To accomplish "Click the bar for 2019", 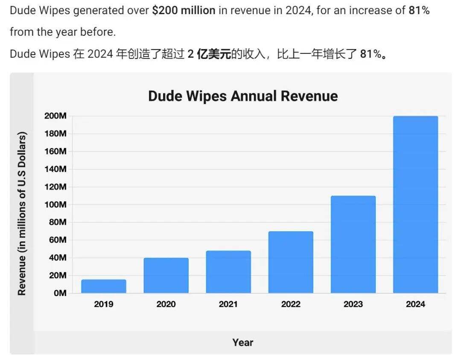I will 104,286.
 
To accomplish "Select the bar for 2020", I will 166,276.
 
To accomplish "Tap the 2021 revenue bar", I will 228,272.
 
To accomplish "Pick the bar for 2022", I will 291,262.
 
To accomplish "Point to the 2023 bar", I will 353,244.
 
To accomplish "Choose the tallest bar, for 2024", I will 415,205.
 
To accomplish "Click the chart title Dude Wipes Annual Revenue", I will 243,96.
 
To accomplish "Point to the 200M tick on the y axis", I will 55,116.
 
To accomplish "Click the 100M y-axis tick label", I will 55,205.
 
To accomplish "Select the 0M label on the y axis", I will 59,293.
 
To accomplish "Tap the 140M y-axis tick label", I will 55,169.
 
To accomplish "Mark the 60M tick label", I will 57,240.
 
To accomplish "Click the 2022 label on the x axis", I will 291,304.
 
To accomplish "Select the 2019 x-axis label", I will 104,304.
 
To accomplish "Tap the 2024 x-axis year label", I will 415,304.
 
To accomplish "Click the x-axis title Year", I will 243,342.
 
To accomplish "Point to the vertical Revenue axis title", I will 22,213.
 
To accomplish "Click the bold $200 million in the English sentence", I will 184,11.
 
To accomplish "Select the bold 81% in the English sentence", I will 419,11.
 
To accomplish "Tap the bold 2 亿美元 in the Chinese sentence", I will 209,54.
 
